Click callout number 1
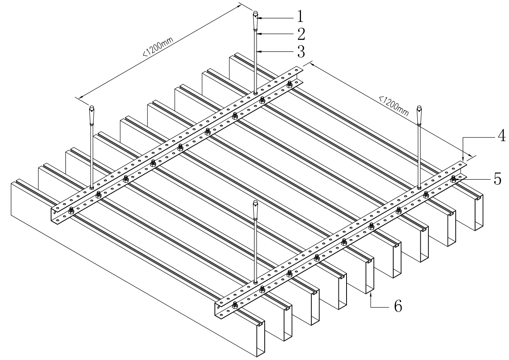[300, 17]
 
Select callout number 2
[301, 34]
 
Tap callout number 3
[301, 52]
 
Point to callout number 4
[501, 135]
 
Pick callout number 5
[497, 179]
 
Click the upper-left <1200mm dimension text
[158, 46]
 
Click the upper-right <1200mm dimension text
[394, 106]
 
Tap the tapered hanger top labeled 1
[255, 20]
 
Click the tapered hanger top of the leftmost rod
[91, 115]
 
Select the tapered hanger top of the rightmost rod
[419, 115]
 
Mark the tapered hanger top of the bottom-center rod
[255, 210]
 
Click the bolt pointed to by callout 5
[453, 179]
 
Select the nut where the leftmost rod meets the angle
[91, 188]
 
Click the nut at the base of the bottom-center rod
[255, 283]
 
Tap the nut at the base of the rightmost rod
[419, 188]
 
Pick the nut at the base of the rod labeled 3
[255, 93]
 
